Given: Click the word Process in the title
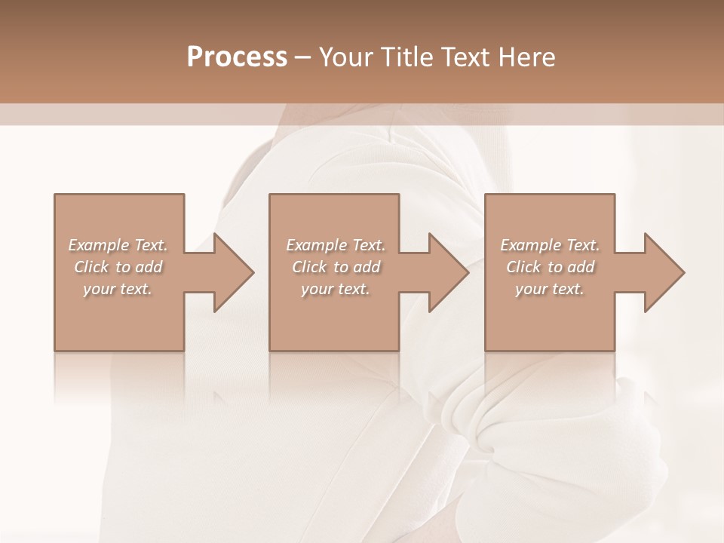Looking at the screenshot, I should pyautogui.click(x=237, y=57).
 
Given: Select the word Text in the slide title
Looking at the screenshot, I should pyautogui.click(x=465, y=57).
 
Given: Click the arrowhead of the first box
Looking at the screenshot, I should pyautogui.click(x=232, y=272).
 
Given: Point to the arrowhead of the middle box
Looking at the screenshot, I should pyautogui.click(x=448, y=272).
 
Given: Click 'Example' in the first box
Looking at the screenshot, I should pyautogui.click(x=99, y=245).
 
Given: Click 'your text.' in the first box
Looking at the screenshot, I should pyautogui.click(x=117, y=289).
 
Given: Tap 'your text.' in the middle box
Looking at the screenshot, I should pyautogui.click(x=335, y=289).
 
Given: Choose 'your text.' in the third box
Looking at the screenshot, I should pyautogui.click(x=549, y=289).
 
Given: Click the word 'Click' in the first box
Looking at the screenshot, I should pyautogui.click(x=91, y=267).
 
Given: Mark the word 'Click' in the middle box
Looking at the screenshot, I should pyautogui.click(x=309, y=267).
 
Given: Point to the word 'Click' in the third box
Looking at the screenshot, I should pyautogui.click(x=523, y=267).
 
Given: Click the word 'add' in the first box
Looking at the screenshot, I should pyautogui.click(x=149, y=267).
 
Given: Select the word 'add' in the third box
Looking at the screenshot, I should pyautogui.click(x=581, y=267).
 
